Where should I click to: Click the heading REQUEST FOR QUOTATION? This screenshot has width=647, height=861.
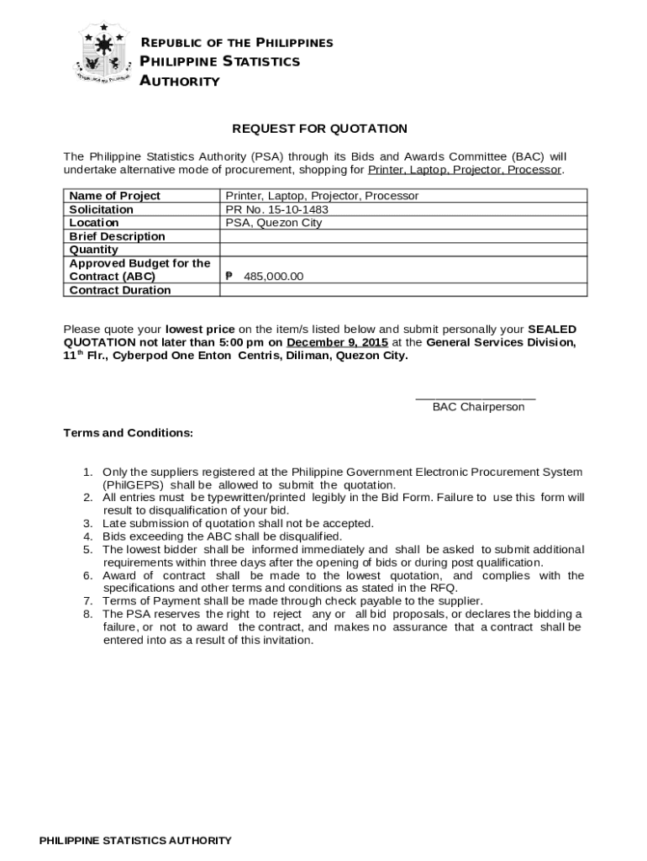click(319, 129)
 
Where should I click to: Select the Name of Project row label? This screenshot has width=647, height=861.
click(114, 196)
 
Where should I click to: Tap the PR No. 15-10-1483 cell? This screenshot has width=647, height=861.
click(276, 209)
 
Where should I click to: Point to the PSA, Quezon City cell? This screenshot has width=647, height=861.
click(273, 223)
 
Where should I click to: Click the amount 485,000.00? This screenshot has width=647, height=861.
click(273, 277)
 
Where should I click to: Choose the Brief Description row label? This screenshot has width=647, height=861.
click(117, 236)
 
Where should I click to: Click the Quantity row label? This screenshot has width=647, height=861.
click(93, 250)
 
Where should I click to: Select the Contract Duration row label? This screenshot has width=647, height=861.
click(119, 290)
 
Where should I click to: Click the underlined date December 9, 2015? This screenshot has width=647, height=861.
click(337, 342)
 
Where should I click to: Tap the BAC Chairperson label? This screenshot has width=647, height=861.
click(478, 407)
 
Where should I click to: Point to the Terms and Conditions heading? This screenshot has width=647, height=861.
click(129, 433)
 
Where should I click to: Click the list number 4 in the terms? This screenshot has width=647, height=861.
click(87, 536)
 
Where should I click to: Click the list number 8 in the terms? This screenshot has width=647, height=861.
click(87, 614)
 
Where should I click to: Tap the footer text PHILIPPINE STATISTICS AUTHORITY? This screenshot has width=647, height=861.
click(135, 841)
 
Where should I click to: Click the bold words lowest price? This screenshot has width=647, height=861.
click(200, 329)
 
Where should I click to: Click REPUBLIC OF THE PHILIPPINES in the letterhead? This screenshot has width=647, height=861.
click(236, 43)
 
